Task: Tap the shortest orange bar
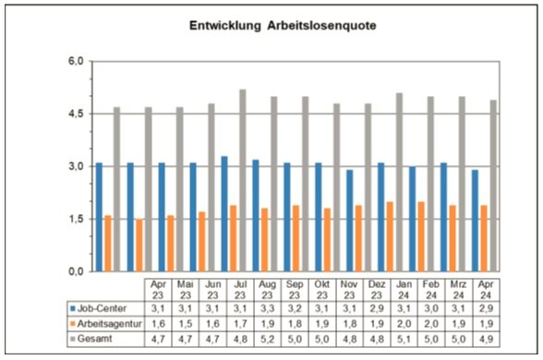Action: tap(139, 246)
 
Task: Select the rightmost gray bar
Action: tap(493, 186)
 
